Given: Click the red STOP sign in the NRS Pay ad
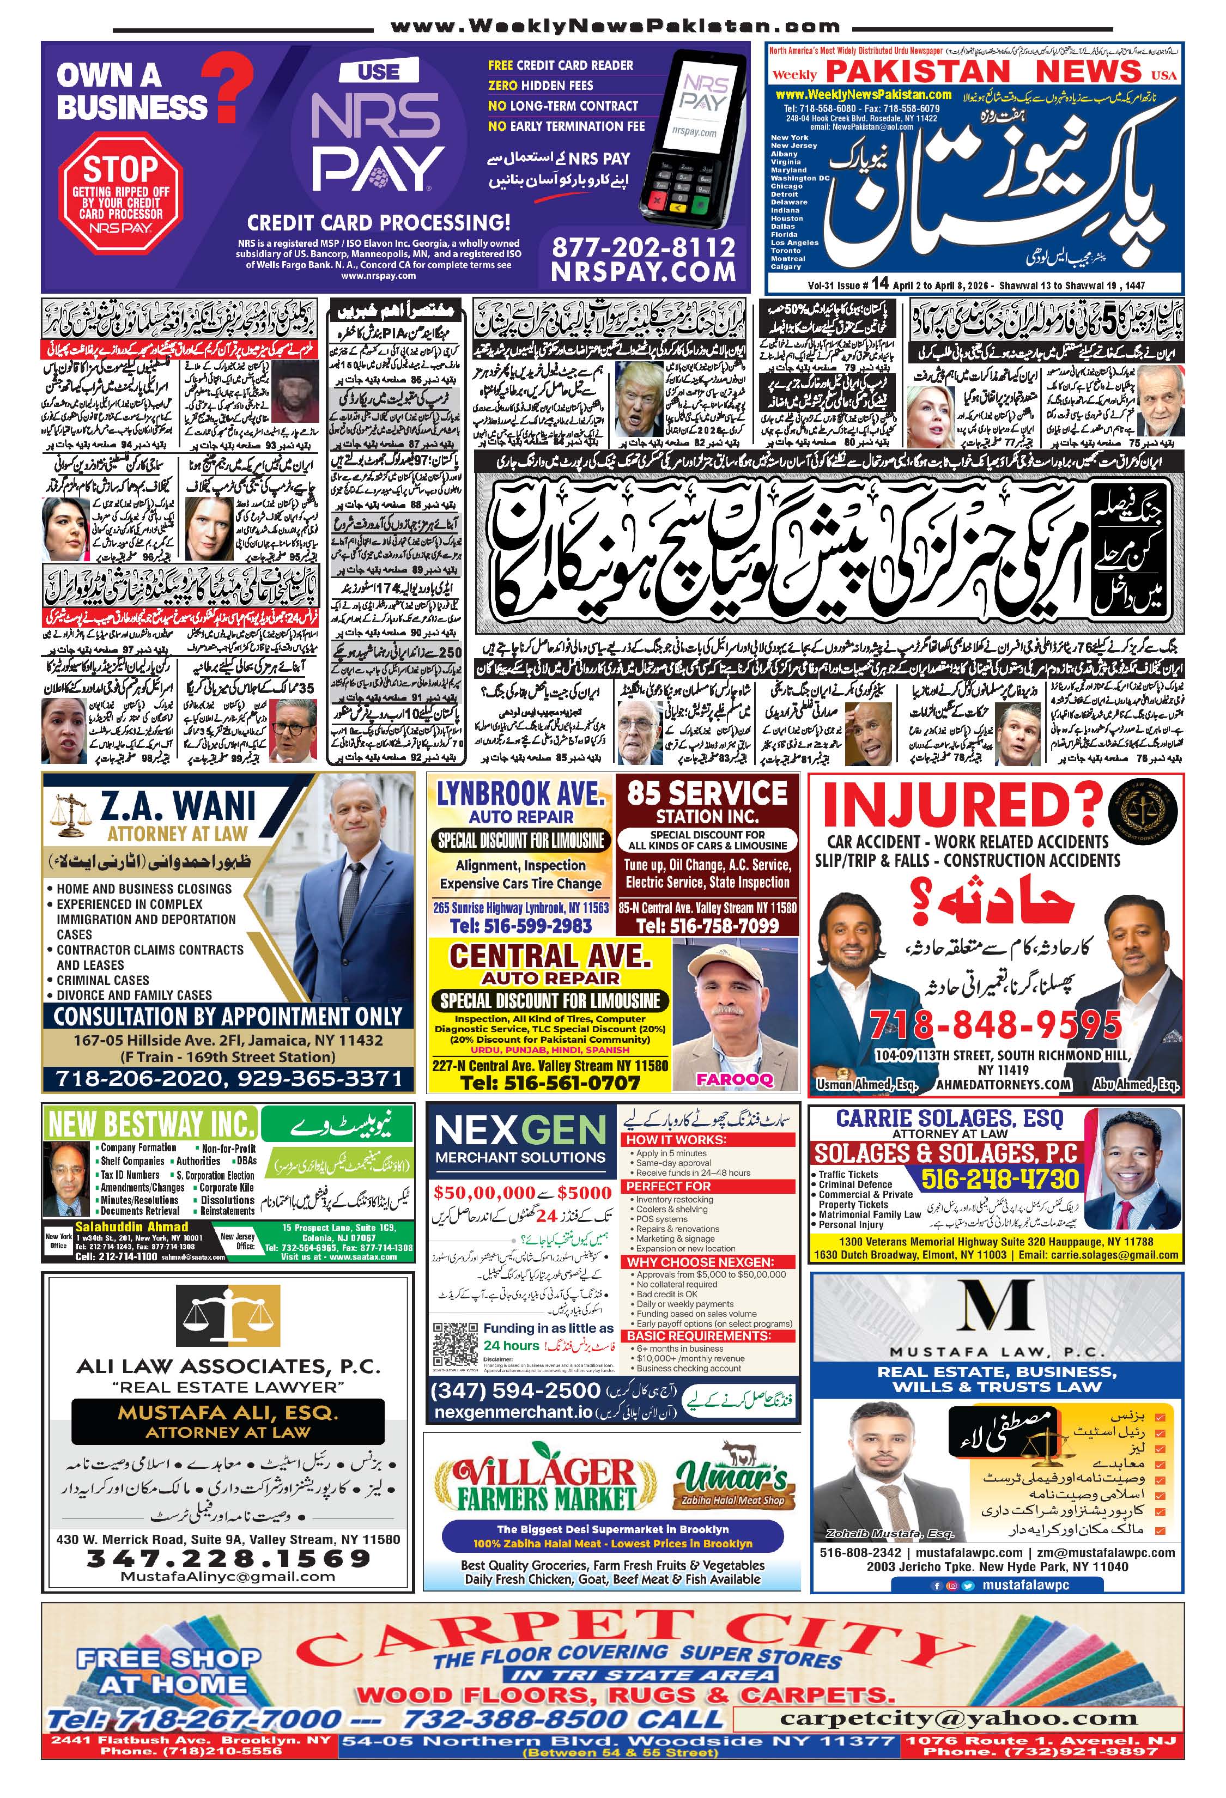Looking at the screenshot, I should point(120,190).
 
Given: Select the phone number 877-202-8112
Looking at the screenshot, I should point(643,247).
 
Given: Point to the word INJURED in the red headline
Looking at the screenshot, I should point(962,806).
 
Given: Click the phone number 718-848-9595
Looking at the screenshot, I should point(996,1025).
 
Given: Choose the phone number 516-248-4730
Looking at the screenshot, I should point(1000,1179).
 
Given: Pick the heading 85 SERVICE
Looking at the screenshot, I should point(707,793).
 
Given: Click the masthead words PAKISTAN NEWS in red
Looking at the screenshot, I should point(983,71).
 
